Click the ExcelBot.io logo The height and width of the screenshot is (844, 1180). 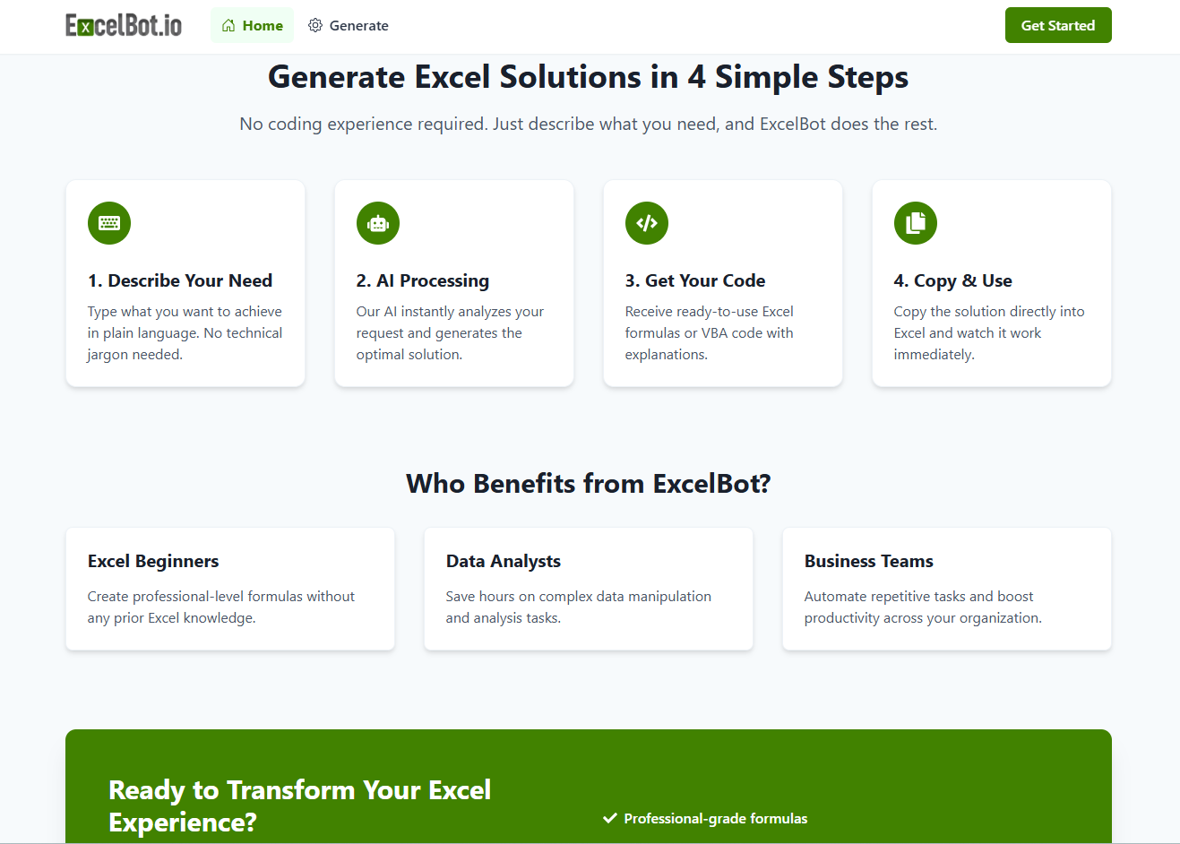(x=124, y=25)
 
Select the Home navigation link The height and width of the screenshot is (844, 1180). (x=252, y=25)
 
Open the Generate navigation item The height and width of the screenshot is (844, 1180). (x=349, y=25)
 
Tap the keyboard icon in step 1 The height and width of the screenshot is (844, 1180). (x=109, y=223)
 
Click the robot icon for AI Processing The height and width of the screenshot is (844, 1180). (x=378, y=223)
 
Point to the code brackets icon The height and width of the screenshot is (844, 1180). (x=646, y=223)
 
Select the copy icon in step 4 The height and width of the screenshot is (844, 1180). (x=915, y=223)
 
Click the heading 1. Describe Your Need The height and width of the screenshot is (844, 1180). (x=179, y=280)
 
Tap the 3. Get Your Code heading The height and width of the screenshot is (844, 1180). (x=695, y=280)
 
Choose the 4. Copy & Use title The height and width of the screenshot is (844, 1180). (x=952, y=280)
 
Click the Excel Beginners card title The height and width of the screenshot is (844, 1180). (x=153, y=562)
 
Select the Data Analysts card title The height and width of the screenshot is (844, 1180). (x=503, y=562)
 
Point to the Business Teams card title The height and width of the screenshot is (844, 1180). (x=868, y=561)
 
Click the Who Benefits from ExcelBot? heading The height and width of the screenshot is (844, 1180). (x=588, y=483)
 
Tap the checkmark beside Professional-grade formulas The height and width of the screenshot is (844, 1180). (x=609, y=818)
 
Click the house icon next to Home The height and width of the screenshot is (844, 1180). (x=228, y=25)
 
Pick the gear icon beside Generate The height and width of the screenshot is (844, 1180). (x=315, y=25)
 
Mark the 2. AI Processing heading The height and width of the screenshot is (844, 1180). (x=423, y=280)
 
